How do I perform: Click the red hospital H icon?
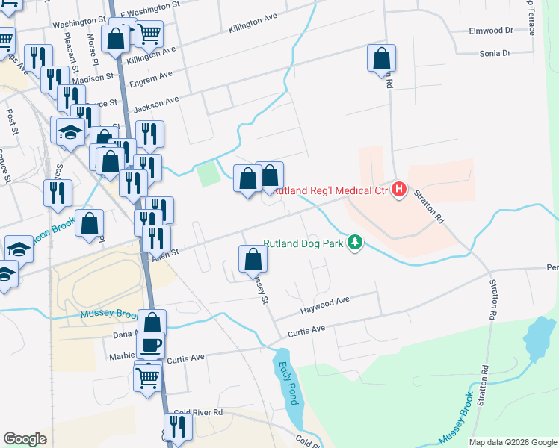tap(399, 190)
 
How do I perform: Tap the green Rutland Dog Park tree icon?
tap(356, 243)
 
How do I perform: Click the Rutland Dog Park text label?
tap(305, 243)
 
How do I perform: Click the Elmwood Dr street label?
tap(490, 31)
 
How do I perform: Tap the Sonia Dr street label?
tap(495, 53)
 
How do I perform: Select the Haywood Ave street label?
tap(324, 305)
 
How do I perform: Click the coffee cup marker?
tap(150, 344)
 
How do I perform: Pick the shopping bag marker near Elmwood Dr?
tap(381, 58)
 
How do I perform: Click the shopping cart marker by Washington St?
tap(149, 33)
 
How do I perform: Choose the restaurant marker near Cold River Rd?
tap(178, 426)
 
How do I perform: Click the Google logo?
tap(25, 439)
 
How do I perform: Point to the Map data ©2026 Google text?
tap(512, 442)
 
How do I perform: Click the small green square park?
tap(209, 175)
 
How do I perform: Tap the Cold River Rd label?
tap(197, 412)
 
